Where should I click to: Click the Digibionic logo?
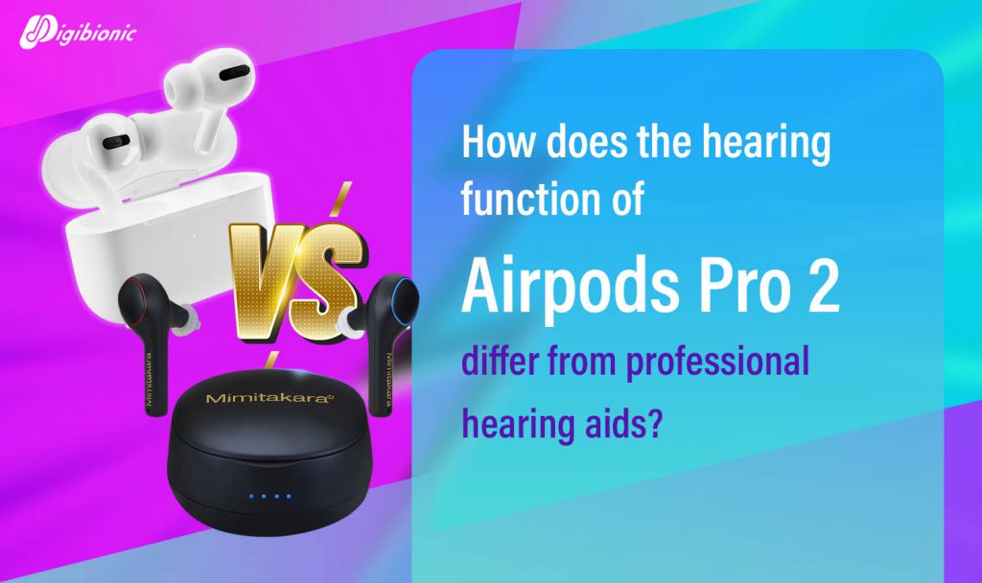coord(77,32)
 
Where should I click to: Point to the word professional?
coord(719,363)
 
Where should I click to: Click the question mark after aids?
coord(652,423)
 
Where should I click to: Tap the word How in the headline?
coord(498,141)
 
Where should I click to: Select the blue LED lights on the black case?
coord(269,497)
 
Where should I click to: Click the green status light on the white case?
coord(194,236)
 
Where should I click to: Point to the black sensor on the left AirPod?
coord(116,142)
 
